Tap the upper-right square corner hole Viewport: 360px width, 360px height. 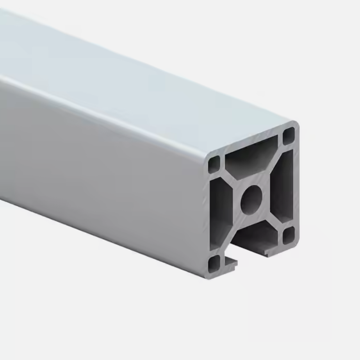point(288,136)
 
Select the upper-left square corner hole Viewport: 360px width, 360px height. point(214,164)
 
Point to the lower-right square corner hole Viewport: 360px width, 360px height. point(289,235)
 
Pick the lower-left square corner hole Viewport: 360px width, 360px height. point(214,264)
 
